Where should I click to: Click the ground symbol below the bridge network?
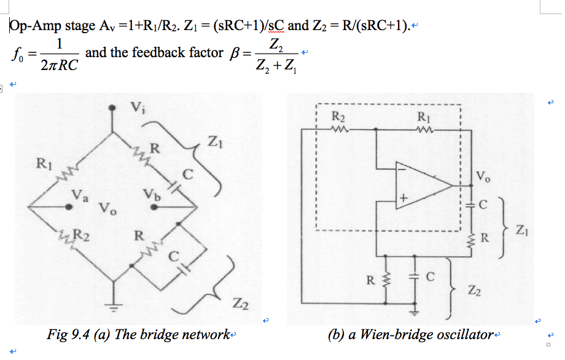112,307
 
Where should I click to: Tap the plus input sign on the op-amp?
403,199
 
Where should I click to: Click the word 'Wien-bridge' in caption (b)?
394,335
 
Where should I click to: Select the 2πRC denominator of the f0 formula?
60,65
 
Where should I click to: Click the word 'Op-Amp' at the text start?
29,26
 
